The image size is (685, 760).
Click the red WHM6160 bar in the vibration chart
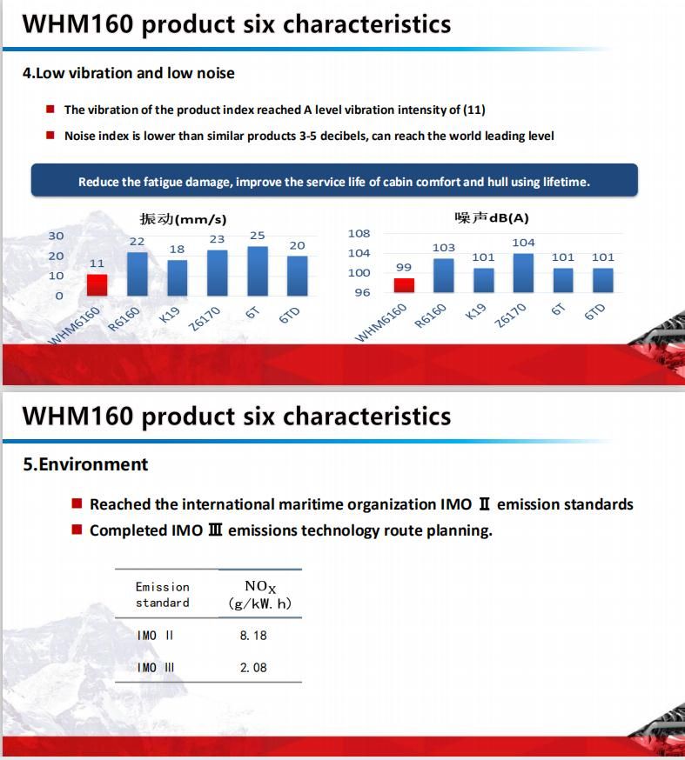point(97,285)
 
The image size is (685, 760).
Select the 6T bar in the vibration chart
point(258,271)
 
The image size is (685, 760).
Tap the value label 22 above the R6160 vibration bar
point(137,242)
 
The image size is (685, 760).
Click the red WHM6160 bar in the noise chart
point(404,285)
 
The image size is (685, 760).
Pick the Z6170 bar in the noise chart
point(523,273)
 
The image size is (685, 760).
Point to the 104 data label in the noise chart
point(523,243)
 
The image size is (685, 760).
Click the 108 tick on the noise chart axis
point(359,234)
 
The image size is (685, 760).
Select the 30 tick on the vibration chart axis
point(56,236)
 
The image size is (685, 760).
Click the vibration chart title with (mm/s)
point(184,219)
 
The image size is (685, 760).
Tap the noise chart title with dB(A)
point(492,217)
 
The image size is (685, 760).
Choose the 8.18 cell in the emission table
point(253,636)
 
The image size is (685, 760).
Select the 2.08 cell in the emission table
point(253,668)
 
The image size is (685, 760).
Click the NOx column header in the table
point(260,595)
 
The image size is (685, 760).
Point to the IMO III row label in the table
point(155,668)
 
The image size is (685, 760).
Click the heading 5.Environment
point(85,464)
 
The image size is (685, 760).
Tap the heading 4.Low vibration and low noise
point(129,73)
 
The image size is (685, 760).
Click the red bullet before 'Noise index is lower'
point(50,135)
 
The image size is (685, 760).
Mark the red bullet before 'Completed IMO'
point(77,529)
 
